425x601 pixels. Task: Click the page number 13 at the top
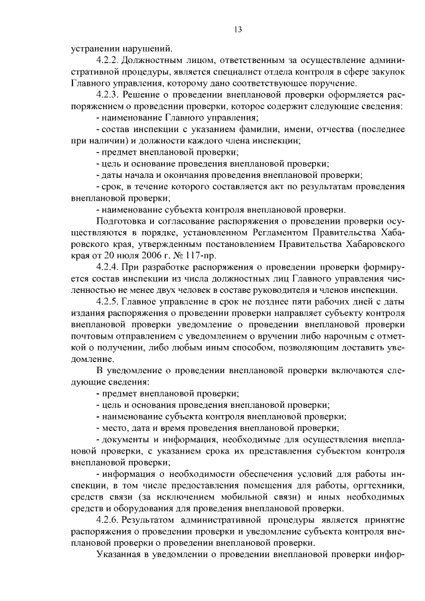(238, 29)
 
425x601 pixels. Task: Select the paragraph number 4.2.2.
(108, 60)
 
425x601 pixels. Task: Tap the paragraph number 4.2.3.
(108, 94)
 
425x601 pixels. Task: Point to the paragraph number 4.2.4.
(108, 266)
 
